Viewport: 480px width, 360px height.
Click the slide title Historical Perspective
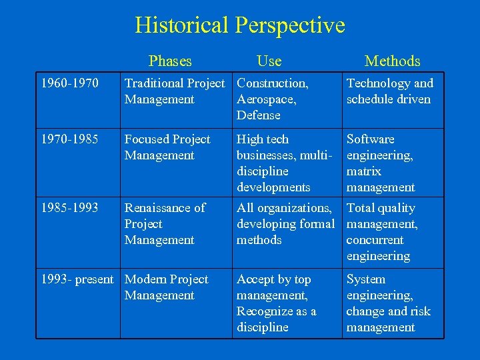pyautogui.click(x=240, y=25)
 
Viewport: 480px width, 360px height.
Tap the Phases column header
pyautogui.click(x=170, y=61)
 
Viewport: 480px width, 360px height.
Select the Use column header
pyautogui.click(x=269, y=61)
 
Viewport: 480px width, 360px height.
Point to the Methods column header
pyautogui.click(x=393, y=61)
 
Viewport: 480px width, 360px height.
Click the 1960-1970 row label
pyautogui.click(x=70, y=83)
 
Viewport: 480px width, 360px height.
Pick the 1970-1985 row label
pyautogui.click(x=70, y=139)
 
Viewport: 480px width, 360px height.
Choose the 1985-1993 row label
pyautogui.click(x=70, y=208)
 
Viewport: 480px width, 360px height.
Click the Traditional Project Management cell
pyautogui.click(x=175, y=91)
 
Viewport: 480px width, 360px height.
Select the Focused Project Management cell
pyautogui.click(x=167, y=147)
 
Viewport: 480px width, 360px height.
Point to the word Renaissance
pyautogui.click(x=157, y=208)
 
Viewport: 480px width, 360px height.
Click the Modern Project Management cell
pyautogui.click(x=167, y=287)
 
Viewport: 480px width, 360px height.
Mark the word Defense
pyautogui.click(x=259, y=115)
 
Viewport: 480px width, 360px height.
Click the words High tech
pyautogui.click(x=263, y=139)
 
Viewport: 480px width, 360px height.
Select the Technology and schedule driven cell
pyautogui.click(x=389, y=91)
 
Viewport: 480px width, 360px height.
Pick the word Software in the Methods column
pyautogui.click(x=371, y=139)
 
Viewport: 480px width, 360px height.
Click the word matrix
pyautogui.click(x=364, y=171)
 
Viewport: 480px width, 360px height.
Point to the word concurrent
pyautogui.click(x=375, y=240)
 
